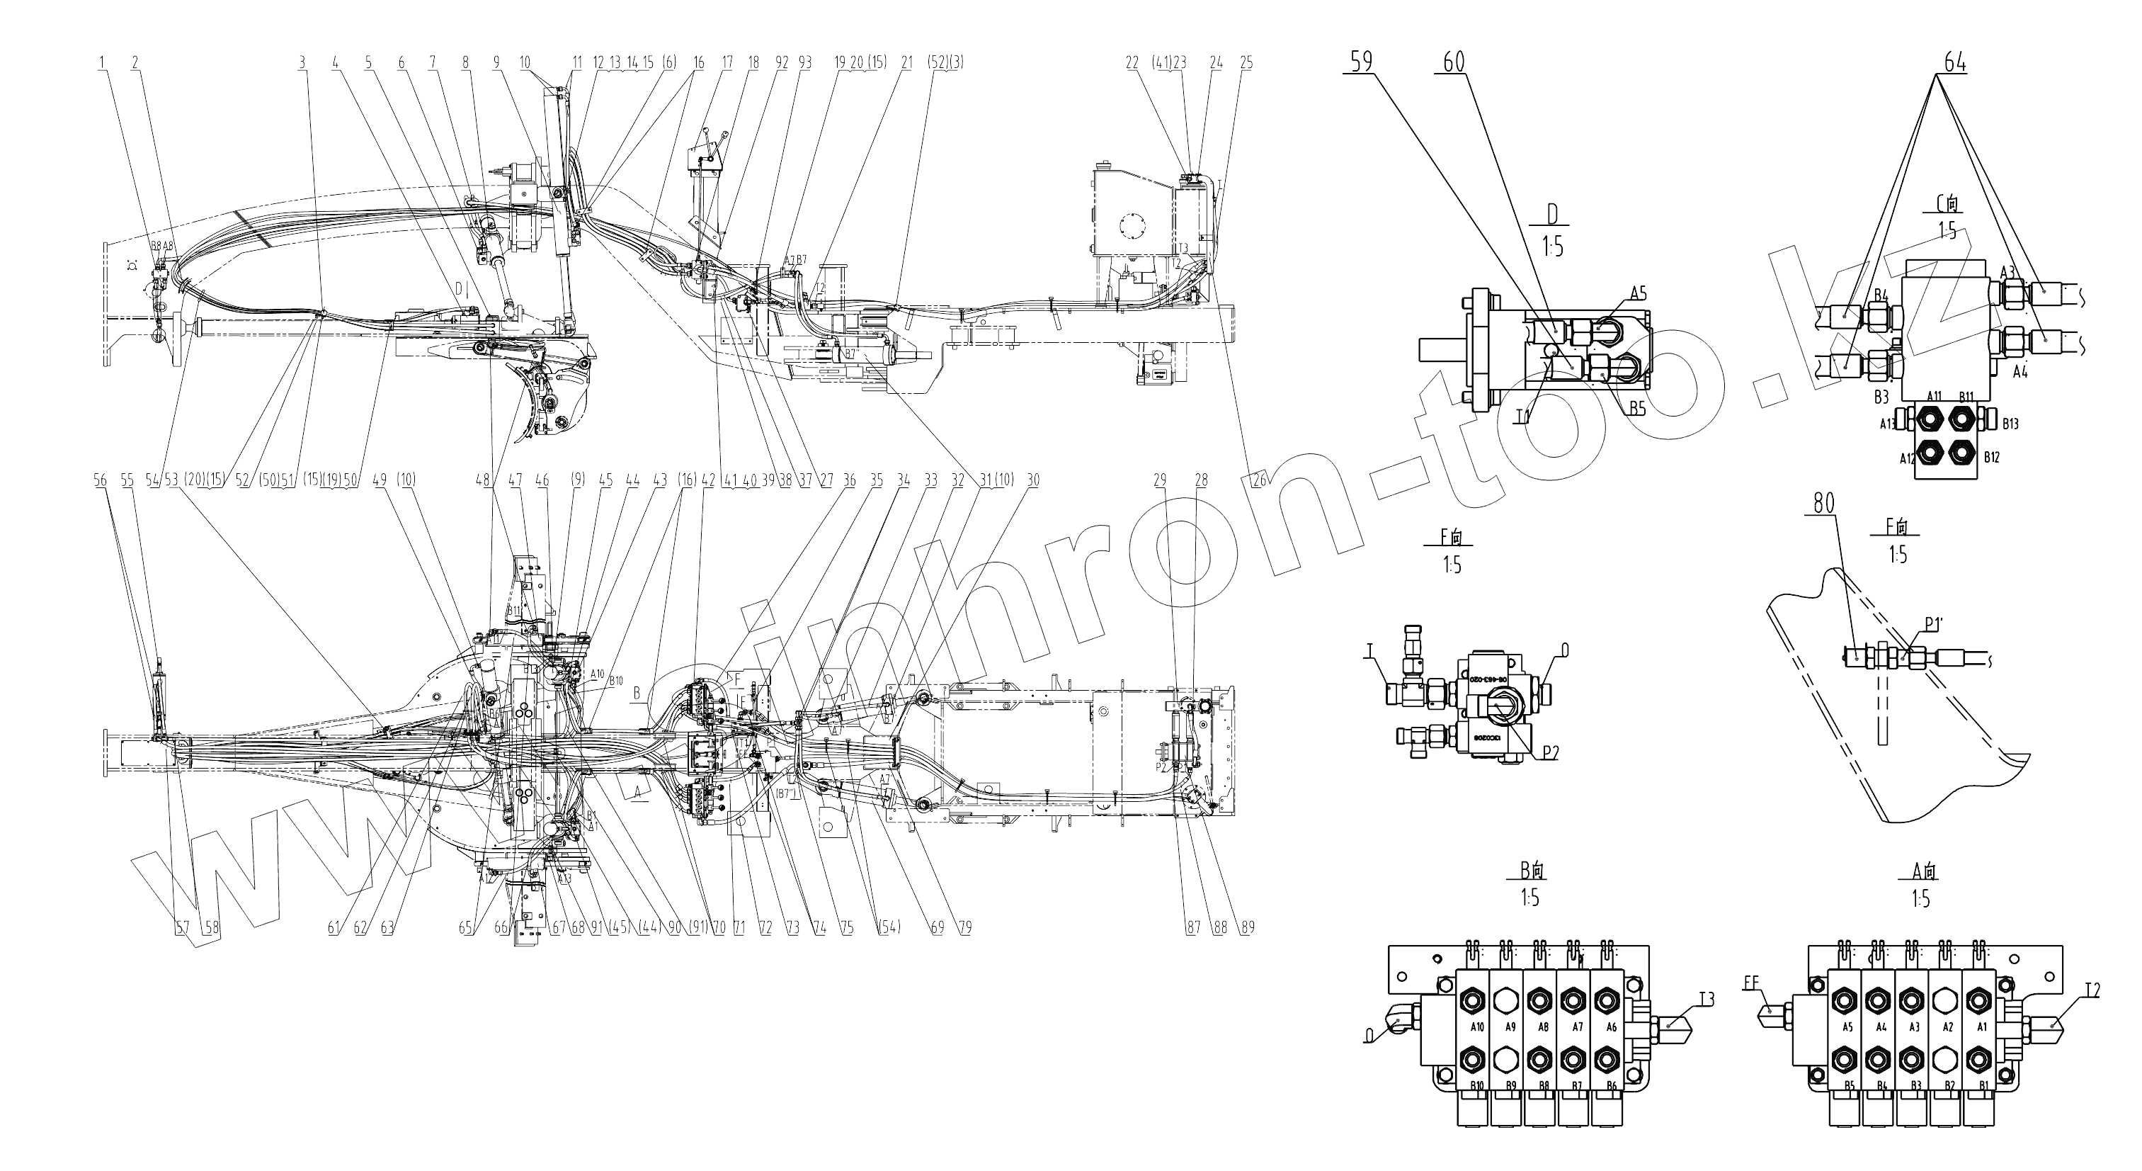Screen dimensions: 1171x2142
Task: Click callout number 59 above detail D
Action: click(x=1361, y=62)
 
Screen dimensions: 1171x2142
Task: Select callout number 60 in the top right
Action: click(x=1454, y=62)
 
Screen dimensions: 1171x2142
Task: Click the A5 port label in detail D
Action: click(x=1638, y=293)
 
